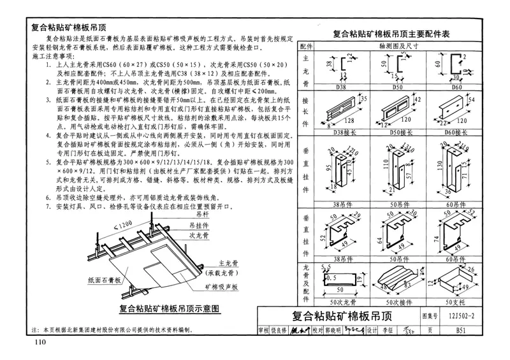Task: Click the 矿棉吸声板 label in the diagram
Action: (x=222, y=287)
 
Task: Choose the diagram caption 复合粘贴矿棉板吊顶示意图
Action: (x=170, y=308)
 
